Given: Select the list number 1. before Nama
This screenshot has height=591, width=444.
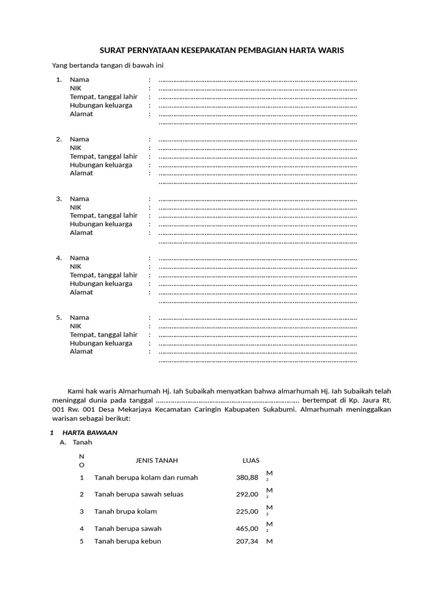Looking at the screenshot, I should point(59,80).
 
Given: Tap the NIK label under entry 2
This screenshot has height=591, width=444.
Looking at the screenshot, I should point(76,148).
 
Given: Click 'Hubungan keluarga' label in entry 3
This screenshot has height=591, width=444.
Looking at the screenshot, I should point(101,224).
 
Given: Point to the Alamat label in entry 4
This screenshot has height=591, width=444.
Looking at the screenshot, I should point(82,292).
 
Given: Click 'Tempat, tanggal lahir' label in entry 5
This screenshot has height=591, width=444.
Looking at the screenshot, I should point(104,334).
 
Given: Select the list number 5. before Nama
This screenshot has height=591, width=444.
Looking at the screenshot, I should point(59,317).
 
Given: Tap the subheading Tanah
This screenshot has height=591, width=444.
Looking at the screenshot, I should point(82,442).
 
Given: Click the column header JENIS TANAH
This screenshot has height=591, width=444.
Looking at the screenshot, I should point(157,461).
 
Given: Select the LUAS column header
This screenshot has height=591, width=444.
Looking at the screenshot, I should point(251,461).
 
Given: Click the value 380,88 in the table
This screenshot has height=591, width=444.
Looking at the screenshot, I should point(247,477).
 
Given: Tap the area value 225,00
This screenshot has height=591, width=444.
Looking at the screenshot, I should point(247,511).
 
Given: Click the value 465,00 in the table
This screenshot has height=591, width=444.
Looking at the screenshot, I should point(247,528).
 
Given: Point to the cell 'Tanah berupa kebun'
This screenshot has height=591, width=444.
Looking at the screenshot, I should point(128,541).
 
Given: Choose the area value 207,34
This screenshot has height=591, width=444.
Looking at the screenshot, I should point(247,541).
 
